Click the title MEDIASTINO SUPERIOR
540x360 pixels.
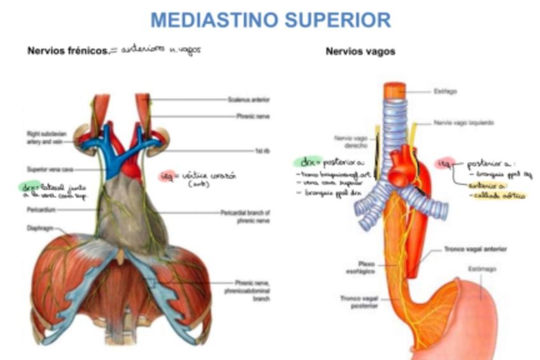click(270, 20)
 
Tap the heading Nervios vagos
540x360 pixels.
click(360, 52)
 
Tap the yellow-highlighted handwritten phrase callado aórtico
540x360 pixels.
click(497, 196)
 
